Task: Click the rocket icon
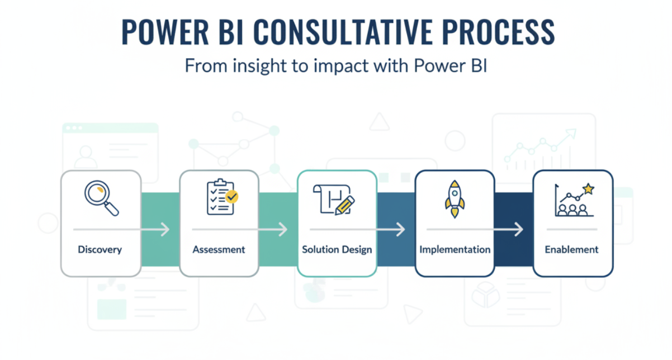455,198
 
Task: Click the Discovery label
100,249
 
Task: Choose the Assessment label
219,249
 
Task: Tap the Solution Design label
337,249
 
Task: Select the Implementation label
455,249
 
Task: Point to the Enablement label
571,249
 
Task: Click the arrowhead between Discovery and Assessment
165,229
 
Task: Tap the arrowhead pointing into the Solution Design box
283,229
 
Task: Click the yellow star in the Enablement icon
588,190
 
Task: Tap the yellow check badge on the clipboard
231,196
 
